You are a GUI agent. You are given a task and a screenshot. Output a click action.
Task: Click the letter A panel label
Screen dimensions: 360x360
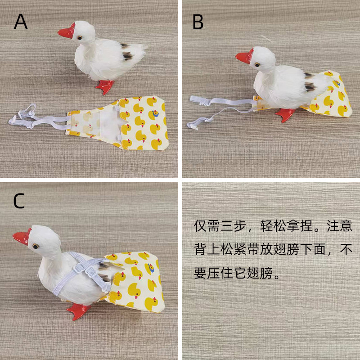(x=21, y=22)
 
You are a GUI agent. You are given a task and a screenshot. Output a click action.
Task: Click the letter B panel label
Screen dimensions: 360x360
(x=198, y=22)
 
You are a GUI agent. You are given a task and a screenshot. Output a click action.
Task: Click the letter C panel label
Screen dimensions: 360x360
(x=18, y=202)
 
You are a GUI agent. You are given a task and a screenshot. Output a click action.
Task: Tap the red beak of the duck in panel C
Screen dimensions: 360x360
(x=22, y=238)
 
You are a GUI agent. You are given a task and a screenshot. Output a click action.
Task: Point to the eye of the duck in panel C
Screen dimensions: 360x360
(x=35, y=246)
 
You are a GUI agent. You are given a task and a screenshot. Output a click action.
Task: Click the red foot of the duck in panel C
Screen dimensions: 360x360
(x=80, y=310)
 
